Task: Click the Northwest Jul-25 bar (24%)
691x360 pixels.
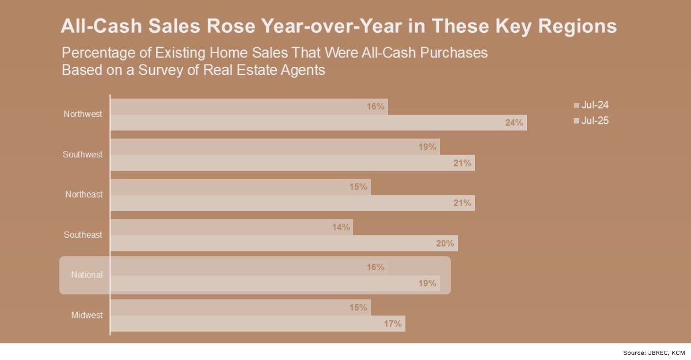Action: (x=318, y=123)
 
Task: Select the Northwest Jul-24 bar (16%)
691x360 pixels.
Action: (x=249, y=107)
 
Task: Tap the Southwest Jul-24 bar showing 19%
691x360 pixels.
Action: (x=275, y=147)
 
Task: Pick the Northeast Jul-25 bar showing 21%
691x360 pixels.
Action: (x=293, y=203)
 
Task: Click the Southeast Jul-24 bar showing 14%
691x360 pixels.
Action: (x=231, y=227)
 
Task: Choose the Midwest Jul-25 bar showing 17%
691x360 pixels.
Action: (x=257, y=324)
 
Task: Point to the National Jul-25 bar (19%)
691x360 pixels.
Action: (x=275, y=283)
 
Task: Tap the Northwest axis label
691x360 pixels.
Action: (x=83, y=114)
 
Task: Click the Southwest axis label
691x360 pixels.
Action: (x=83, y=154)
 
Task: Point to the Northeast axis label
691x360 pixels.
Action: (x=83, y=195)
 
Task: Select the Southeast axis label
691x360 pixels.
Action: (x=83, y=235)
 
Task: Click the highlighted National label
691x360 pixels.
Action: (x=87, y=275)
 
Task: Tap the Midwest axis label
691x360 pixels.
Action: (x=87, y=315)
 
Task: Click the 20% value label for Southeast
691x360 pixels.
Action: (x=445, y=243)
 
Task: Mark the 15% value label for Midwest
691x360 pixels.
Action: (x=358, y=308)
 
